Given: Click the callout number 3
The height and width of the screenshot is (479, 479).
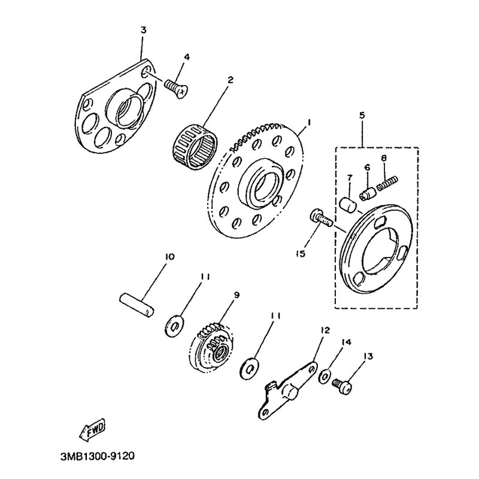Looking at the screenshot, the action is pyautogui.click(x=142, y=29).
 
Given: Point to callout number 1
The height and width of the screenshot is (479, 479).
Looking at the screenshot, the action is pyautogui.click(x=308, y=122).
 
